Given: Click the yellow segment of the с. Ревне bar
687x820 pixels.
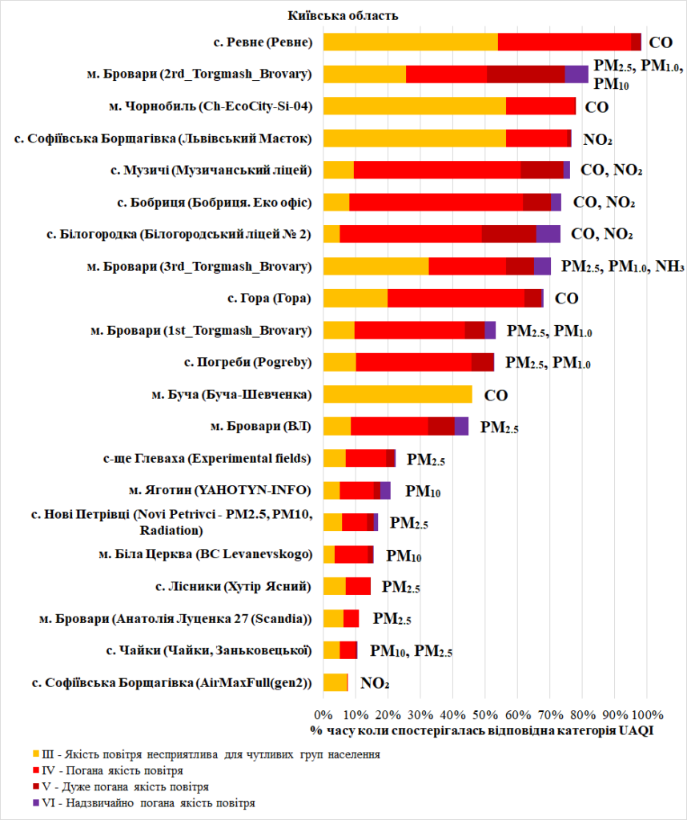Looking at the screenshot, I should point(410,42).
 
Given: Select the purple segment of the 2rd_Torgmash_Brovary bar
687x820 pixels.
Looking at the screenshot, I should point(576,74).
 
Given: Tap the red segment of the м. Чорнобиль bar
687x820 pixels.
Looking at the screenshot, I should point(540,106).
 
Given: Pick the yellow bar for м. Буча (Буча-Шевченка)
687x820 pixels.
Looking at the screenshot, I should point(397,394).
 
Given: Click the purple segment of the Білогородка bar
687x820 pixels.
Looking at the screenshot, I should point(548,234).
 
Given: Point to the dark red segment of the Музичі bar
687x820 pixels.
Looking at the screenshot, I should point(541,170).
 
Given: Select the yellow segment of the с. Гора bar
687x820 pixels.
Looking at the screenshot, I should point(355,298).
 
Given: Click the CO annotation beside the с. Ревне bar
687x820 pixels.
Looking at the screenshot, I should point(661,43).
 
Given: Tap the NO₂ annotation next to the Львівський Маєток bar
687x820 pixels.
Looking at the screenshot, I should point(597,139).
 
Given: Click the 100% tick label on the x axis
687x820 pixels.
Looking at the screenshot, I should point(647,713).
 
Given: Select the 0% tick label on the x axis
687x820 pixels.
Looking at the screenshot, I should point(323,713).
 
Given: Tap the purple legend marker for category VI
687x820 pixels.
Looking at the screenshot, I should point(36,802).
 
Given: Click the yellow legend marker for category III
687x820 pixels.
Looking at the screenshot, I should point(36,754).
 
